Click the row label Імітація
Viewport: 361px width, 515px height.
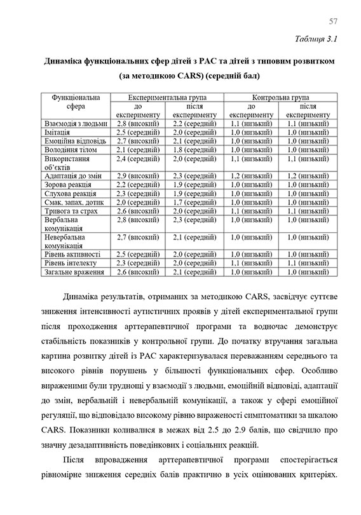pyautogui.click(x=61, y=131)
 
